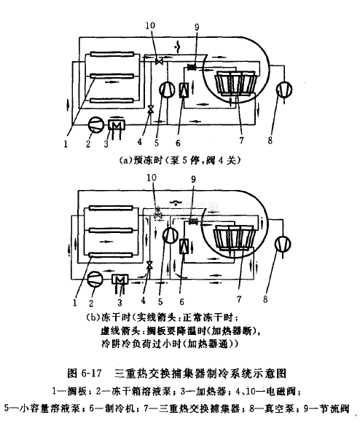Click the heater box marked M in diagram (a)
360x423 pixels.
point(117,124)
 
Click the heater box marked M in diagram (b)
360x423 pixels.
point(120,280)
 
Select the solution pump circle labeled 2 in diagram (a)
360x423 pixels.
point(96,124)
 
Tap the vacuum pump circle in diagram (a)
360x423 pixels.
point(284,90)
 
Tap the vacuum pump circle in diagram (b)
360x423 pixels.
point(283,244)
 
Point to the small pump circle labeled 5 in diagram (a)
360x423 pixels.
point(167,90)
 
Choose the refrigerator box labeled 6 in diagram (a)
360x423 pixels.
point(184,90)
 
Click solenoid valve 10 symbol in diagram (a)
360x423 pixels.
point(159,61)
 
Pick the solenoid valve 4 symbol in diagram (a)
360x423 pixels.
point(151,109)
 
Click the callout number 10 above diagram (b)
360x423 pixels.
point(152,178)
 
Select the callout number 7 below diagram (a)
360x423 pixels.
point(241,140)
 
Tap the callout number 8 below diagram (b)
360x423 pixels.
point(265,299)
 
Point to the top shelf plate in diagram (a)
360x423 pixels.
point(112,54)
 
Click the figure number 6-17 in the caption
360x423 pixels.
point(91,373)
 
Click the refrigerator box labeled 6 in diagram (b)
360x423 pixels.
point(184,247)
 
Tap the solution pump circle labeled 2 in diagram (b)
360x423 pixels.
point(95,279)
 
